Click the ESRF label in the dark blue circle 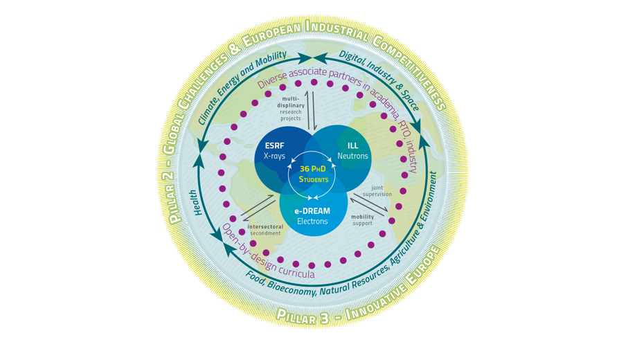[x=274, y=146]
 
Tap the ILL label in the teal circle [x=352, y=146]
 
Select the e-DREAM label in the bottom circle [x=312, y=211]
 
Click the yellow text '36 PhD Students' [x=314, y=174]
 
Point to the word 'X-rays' [x=274, y=156]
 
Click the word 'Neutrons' [x=352, y=156]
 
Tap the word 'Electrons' [x=312, y=222]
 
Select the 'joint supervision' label [x=377, y=190]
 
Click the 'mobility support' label [x=363, y=220]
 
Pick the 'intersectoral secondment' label [x=265, y=230]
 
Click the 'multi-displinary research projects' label [x=290, y=108]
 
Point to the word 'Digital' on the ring [x=354, y=60]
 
